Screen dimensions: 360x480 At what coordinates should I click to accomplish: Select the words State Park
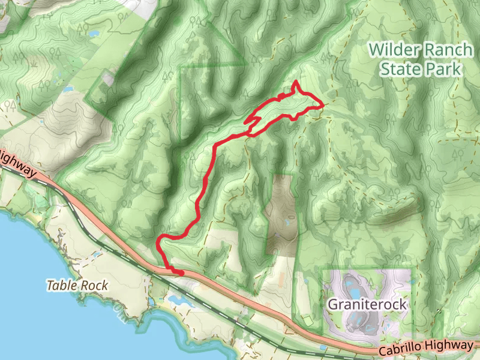tap(421, 68)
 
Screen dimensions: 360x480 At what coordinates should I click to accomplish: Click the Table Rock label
tap(77, 285)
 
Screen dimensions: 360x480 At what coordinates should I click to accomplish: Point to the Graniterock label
tap(367, 305)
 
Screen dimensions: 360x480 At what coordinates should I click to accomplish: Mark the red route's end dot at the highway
tap(181, 273)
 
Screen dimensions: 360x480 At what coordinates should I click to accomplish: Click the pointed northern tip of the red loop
tap(296, 82)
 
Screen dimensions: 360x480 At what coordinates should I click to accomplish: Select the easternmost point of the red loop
tap(323, 105)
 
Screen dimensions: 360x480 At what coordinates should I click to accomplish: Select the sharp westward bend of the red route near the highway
tap(158, 242)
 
